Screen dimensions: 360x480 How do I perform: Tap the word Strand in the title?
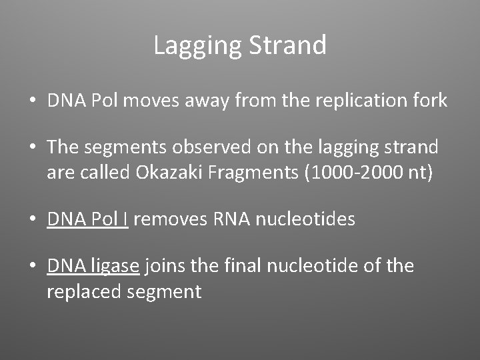click(x=287, y=46)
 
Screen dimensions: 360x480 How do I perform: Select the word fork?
click(x=429, y=101)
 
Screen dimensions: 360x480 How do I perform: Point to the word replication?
click(x=358, y=101)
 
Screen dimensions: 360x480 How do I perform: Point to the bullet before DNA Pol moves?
click(x=32, y=101)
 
